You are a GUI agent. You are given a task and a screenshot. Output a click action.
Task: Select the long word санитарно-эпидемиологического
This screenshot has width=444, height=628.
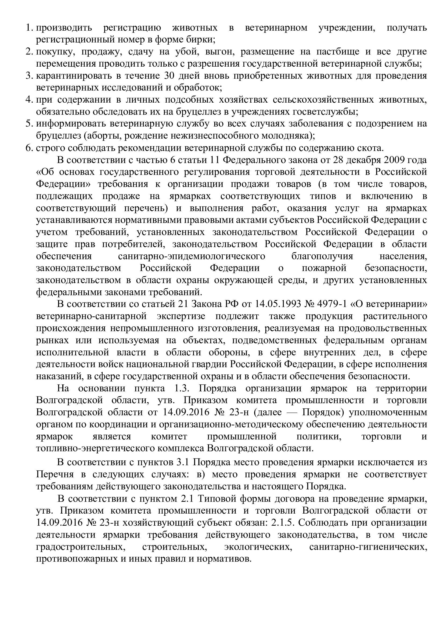pyautogui.click(x=192, y=256)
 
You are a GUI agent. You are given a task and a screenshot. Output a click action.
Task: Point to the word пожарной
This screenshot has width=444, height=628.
pyautogui.click(x=324, y=268)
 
